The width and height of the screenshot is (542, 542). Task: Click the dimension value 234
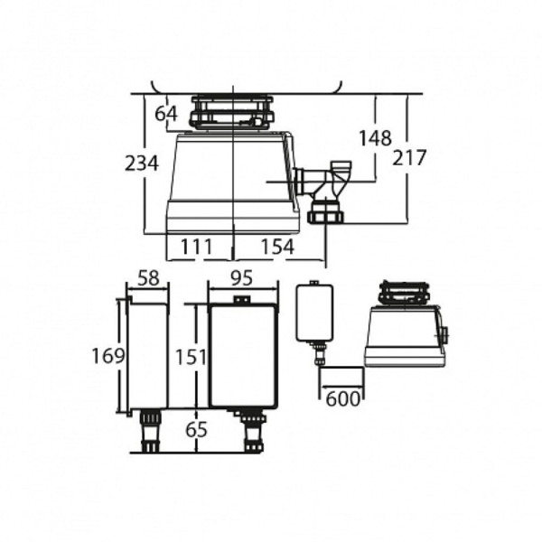(x=142, y=164)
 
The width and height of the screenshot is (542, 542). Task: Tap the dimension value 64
(x=166, y=114)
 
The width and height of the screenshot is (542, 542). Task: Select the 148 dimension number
(x=375, y=138)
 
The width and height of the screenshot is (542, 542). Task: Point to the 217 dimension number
(x=409, y=157)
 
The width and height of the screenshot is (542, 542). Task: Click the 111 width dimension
(x=196, y=247)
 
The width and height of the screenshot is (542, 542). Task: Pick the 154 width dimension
(x=277, y=247)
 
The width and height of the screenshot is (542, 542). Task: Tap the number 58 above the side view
(x=149, y=278)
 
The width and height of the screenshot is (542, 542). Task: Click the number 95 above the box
(x=242, y=278)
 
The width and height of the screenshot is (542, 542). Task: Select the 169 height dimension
(x=107, y=356)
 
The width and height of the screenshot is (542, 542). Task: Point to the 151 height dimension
(x=192, y=357)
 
